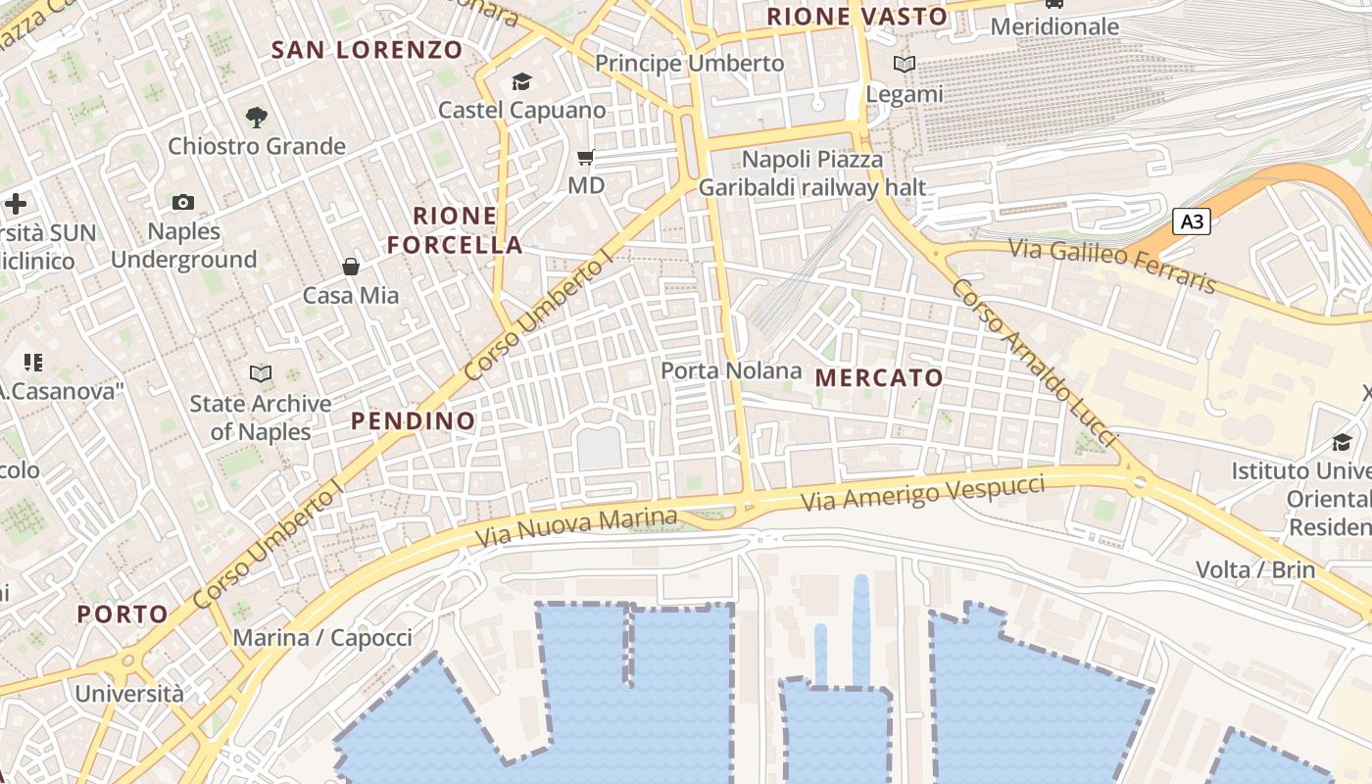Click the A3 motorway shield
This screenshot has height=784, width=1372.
pyautogui.click(x=1192, y=221)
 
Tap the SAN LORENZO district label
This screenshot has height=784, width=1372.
pyautogui.click(x=367, y=50)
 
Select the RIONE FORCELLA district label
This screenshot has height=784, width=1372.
pyautogui.click(x=455, y=230)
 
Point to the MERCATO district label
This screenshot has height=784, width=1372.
pyautogui.click(x=879, y=377)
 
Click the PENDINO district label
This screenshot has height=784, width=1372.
pyautogui.click(x=413, y=421)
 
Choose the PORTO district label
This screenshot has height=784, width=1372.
pyautogui.click(x=122, y=614)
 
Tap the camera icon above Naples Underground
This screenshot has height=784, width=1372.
pyautogui.click(x=183, y=203)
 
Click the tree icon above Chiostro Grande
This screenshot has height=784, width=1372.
pyautogui.click(x=257, y=118)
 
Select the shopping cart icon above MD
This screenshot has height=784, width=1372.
pyautogui.click(x=586, y=157)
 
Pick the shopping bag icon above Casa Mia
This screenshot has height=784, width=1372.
pyautogui.click(x=350, y=267)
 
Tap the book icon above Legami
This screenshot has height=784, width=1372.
pyautogui.click(x=904, y=65)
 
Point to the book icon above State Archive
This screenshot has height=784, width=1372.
pyautogui.click(x=261, y=373)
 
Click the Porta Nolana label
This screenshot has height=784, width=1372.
pyautogui.click(x=731, y=370)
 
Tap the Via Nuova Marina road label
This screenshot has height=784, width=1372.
pyautogui.click(x=576, y=527)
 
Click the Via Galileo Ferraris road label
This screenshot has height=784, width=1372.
pyautogui.click(x=1111, y=265)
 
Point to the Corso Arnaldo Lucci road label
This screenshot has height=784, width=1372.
pyautogui.click(x=1034, y=364)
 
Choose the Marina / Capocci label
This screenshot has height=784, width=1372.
pyautogui.click(x=322, y=638)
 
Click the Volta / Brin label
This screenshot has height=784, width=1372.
pyautogui.click(x=1255, y=569)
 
